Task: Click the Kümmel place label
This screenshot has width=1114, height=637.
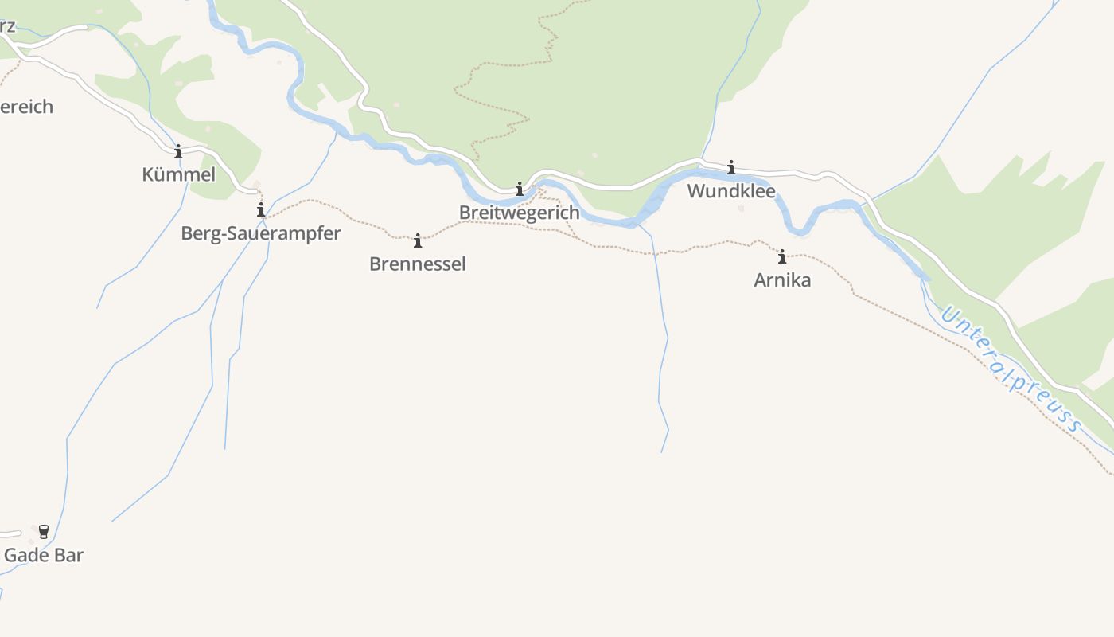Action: (178, 174)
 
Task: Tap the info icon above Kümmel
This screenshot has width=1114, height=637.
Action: (178, 151)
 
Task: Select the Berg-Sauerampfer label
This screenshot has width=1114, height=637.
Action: (260, 233)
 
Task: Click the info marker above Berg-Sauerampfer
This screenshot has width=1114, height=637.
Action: (260, 209)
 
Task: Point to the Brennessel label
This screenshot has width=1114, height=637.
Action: (417, 264)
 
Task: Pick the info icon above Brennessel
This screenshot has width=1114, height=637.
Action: (418, 240)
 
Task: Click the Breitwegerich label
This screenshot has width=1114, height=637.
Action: (519, 213)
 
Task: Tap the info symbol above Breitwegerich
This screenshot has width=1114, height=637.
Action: (520, 189)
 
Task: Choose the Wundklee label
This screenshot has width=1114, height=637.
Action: (730, 191)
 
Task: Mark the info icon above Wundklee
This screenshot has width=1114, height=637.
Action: (731, 167)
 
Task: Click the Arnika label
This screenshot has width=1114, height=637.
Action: (782, 279)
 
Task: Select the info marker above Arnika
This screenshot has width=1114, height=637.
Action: (782, 256)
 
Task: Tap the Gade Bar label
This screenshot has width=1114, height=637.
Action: (44, 555)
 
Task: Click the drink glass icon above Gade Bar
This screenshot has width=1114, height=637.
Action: (44, 532)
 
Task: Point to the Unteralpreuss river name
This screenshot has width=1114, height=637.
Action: (1011, 369)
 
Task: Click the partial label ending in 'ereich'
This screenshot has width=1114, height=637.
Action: (26, 107)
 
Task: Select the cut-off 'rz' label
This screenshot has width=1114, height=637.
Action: (7, 25)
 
